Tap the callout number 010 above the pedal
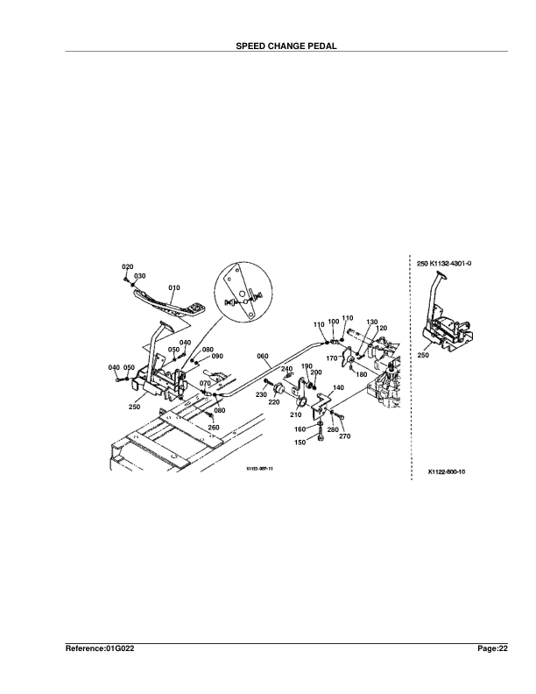(174, 287)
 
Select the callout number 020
(127, 266)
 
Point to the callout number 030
(140, 275)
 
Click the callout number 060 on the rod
(263, 356)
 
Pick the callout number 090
(217, 357)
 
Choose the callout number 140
(338, 387)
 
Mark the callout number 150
(300, 443)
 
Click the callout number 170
(332, 358)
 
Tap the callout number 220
(273, 403)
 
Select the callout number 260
(214, 428)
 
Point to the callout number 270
(344, 436)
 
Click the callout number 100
(334, 322)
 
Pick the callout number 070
(204, 383)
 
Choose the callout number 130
(371, 322)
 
